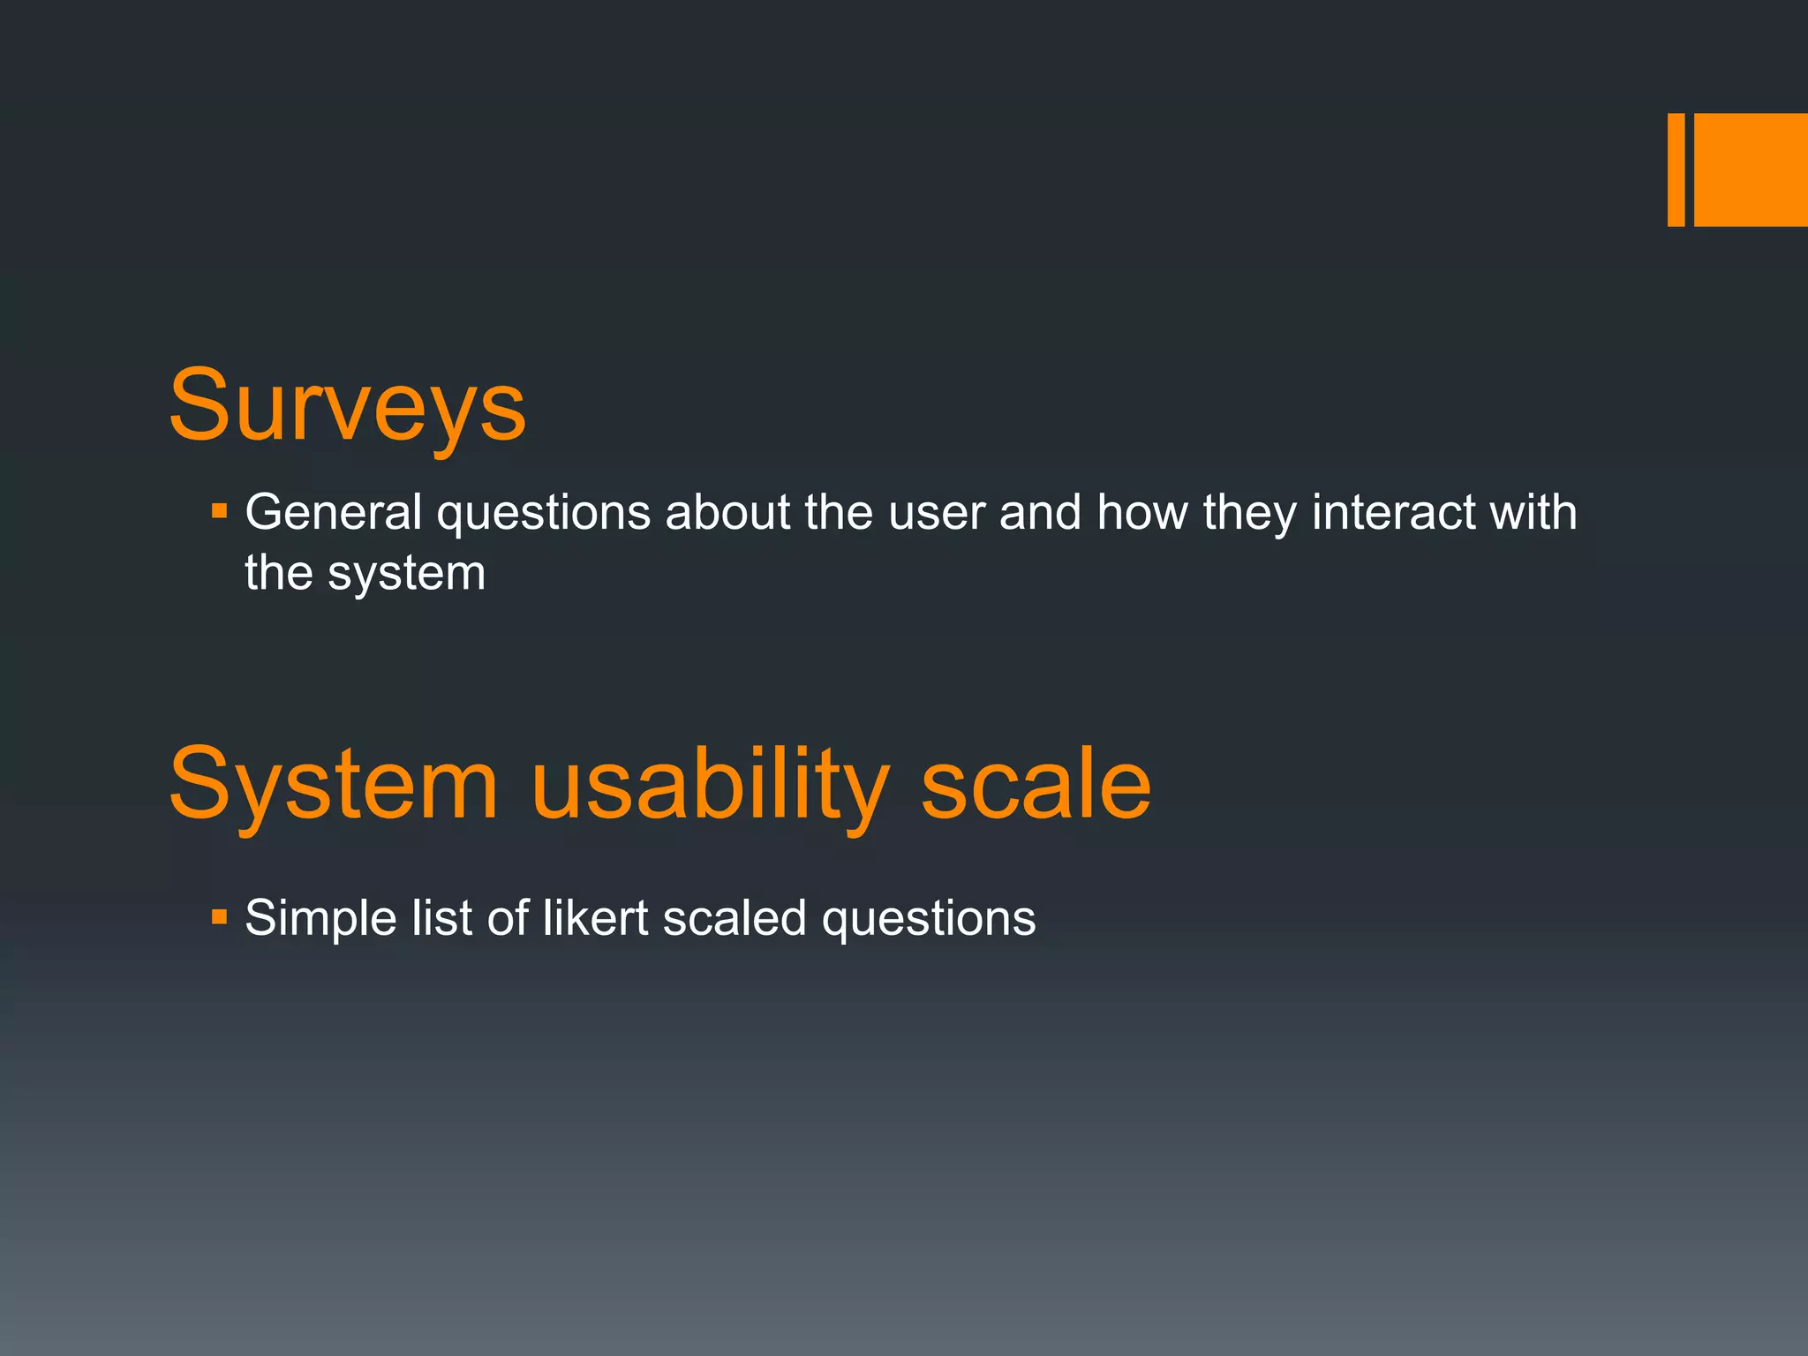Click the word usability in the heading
[711, 784]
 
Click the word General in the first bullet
[333, 512]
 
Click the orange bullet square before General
[220, 510]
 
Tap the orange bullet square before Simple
[220, 917]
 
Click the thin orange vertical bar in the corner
[1676, 169]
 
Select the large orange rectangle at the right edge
[1751, 169]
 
